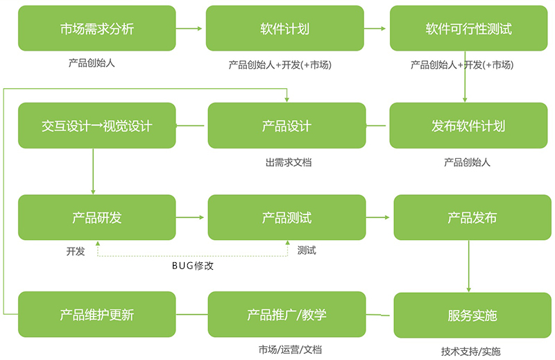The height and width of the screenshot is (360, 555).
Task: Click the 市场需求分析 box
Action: tap(96, 28)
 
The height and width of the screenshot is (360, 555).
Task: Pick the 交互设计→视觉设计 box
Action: tap(96, 126)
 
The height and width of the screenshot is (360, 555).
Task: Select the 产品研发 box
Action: tap(96, 218)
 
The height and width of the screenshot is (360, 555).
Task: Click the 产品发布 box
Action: tap(472, 218)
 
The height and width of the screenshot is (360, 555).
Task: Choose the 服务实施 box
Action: tap(472, 315)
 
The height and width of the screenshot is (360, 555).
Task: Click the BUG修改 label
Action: tap(192, 266)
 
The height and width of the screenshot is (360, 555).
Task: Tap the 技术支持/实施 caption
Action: tap(470, 351)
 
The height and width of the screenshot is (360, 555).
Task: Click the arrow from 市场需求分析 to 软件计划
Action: tap(189, 28)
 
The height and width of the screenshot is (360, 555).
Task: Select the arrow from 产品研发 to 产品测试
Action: tap(191, 218)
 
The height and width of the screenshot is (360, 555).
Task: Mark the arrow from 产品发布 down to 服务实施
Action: tap(470, 266)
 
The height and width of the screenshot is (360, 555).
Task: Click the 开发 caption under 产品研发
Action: tap(76, 251)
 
